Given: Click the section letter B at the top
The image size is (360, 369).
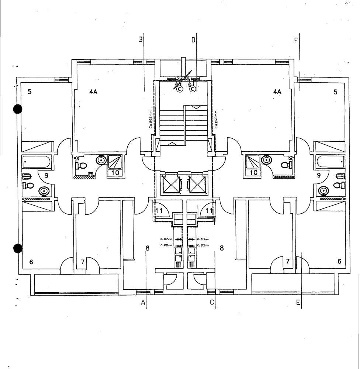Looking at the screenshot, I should (x=141, y=39).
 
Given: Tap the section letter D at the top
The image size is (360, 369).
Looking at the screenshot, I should (x=193, y=40).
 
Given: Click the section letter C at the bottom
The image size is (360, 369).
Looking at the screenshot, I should (x=212, y=303).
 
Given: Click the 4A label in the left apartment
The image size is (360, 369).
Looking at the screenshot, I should (x=93, y=92).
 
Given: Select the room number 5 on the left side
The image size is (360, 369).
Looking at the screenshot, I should (x=30, y=92).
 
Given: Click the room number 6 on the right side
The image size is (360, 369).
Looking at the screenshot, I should (x=339, y=261).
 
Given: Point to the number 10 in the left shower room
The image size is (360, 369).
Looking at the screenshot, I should (x=115, y=172).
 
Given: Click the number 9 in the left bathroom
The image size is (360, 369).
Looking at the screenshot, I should (x=46, y=176).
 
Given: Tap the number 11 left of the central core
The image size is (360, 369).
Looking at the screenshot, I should (x=159, y=211).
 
